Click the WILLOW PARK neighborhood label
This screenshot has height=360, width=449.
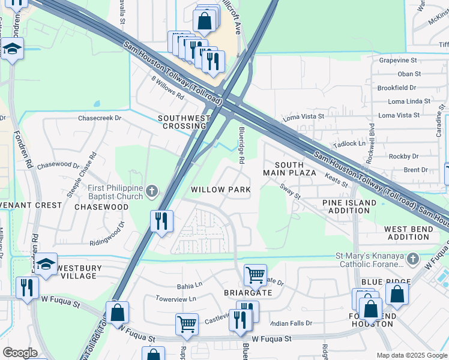click(x=220, y=190)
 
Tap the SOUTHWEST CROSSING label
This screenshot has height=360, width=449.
click(x=184, y=122)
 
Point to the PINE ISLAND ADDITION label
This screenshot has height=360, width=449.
click(x=349, y=207)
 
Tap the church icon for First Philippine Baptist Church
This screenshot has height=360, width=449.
click(x=152, y=191)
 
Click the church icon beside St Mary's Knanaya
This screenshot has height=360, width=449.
click(x=412, y=260)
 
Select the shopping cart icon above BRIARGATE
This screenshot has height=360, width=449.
click(x=255, y=275)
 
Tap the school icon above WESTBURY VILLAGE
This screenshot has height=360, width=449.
click(x=46, y=264)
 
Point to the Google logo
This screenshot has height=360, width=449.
click(x=20, y=353)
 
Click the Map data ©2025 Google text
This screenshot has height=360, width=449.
click(x=412, y=355)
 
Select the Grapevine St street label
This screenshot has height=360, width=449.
click(x=398, y=61)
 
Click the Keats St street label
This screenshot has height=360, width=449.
click(x=336, y=179)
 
